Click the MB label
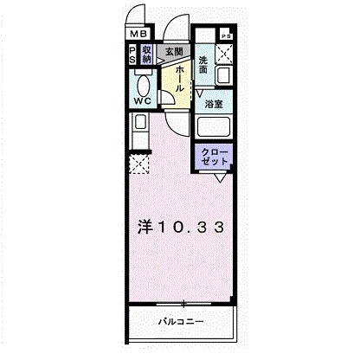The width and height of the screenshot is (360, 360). click(137, 35)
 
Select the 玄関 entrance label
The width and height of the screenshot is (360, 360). click(174, 52)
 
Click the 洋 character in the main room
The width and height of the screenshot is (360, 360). click(146, 228)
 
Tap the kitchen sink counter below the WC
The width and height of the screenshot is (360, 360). click(138, 134)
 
